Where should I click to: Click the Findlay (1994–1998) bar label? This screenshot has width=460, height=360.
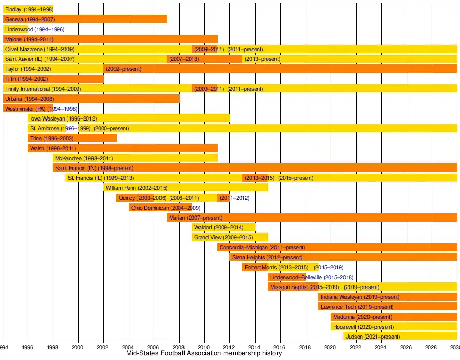[x=28, y=10]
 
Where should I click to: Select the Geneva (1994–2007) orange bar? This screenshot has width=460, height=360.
[x=85, y=19]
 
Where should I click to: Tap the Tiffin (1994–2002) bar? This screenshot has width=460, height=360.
[x=53, y=79]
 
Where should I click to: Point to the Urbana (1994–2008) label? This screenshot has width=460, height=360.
[x=29, y=99]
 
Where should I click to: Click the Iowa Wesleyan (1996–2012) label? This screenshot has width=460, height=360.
[x=63, y=119]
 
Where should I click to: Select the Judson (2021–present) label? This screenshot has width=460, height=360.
[x=373, y=337]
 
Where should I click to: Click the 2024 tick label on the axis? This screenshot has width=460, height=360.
[x=381, y=348]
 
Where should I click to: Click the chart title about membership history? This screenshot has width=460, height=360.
[x=203, y=353]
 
